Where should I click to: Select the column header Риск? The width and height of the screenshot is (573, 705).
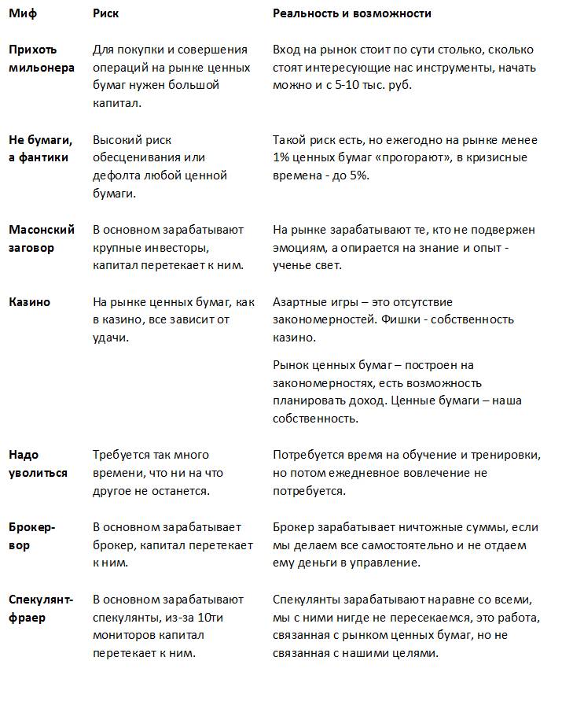(106, 14)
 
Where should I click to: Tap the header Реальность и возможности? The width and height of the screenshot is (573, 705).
(351, 14)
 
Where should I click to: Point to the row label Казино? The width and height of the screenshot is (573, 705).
(29, 302)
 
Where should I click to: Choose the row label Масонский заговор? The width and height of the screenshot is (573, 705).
(42, 238)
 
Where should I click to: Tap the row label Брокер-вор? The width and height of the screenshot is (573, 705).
(32, 536)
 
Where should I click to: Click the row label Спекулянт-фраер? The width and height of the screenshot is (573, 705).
(40, 608)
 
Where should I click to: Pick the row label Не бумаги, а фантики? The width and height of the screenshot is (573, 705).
(40, 149)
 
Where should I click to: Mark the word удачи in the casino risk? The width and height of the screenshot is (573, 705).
(111, 338)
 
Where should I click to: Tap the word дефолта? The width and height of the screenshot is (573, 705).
(116, 175)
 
